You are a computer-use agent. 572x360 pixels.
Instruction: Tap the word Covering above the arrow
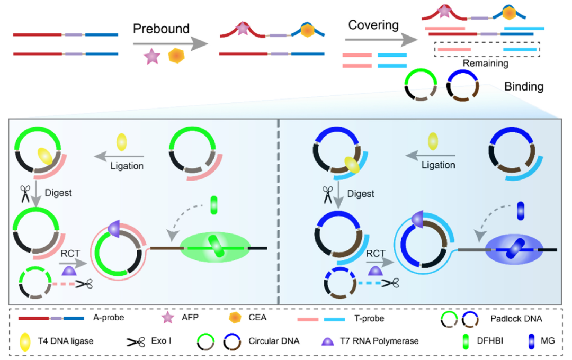tap(373, 25)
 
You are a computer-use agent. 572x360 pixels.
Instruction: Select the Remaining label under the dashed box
tap(486, 64)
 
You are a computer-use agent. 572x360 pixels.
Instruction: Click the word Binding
tap(524, 86)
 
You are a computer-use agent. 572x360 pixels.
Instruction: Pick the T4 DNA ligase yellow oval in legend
tap(24, 340)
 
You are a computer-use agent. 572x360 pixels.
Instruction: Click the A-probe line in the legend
tap(50, 318)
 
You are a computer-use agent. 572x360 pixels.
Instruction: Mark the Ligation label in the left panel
tap(127, 166)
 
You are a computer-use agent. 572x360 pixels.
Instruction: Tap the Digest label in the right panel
tap(362, 194)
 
